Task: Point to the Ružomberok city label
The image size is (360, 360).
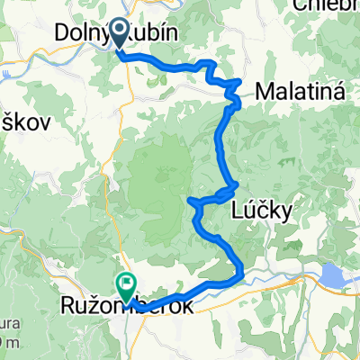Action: (x=128, y=307)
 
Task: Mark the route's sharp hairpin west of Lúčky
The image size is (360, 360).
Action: (x=192, y=201)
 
